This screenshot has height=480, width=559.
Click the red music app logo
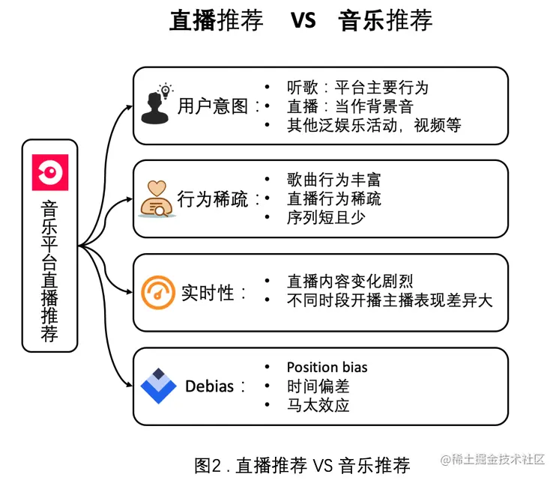pyautogui.click(x=50, y=171)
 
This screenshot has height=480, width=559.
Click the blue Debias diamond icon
pyautogui.click(x=158, y=386)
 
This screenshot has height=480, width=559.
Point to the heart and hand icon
pyautogui.click(x=156, y=198)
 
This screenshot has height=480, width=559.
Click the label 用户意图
pyautogui.click(x=213, y=106)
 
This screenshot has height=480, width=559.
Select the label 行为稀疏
pyautogui.click(x=213, y=199)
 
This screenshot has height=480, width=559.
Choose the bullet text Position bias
pyautogui.click(x=327, y=367)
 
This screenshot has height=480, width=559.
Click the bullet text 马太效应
pyautogui.click(x=318, y=406)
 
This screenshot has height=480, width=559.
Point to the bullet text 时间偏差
pyautogui.click(x=318, y=386)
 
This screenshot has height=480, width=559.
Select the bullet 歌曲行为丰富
pyautogui.click(x=333, y=180)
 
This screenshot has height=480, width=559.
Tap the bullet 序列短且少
pyautogui.click(x=325, y=218)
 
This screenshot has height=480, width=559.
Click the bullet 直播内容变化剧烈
pyautogui.click(x=350, y=282)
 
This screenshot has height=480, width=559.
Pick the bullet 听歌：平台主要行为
pyautogui.click(x=357, y=87)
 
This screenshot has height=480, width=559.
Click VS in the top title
pyautogui.click(x=303, y=20)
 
